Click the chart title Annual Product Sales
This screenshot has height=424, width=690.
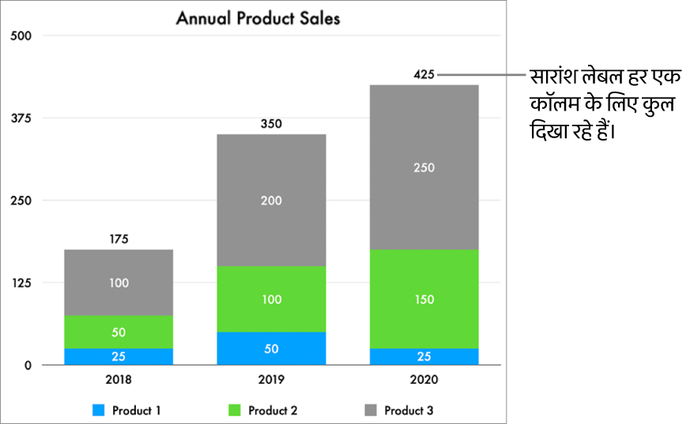tap(258, 17)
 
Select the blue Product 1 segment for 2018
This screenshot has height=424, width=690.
tap(119, 356)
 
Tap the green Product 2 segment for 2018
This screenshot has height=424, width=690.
tap(119, 332)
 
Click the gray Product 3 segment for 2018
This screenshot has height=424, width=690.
tap(119, 282)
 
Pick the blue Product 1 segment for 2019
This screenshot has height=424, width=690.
tap(271, 348)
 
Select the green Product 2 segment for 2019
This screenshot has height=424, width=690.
tap(271, 299)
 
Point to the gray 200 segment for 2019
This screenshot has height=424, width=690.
tap(271, 200)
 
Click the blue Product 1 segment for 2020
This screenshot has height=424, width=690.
tap(424, 356)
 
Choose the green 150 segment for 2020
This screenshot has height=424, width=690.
tap(424, 299)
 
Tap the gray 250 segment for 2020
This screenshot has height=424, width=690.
tap(424, 167)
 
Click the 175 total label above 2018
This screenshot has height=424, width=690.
tap(119, 238)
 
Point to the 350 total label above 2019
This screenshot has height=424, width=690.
tap(271, 123)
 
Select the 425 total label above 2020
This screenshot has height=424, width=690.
tap(424, 75)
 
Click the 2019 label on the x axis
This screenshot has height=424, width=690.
tap(271, 379)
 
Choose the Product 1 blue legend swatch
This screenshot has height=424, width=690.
tap(99, 411)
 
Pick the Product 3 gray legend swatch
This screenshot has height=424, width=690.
tap(371, 411)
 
